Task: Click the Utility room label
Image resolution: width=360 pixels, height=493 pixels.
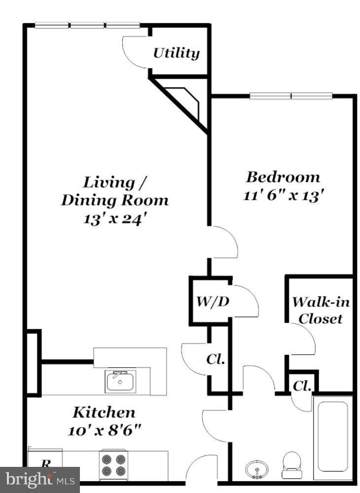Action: click(176, 53)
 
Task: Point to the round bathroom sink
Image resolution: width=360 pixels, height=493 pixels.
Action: click(256, 468)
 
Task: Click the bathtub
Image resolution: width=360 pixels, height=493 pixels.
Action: click(332, 437)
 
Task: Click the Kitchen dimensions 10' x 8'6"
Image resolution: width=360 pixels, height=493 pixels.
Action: click(105, 429)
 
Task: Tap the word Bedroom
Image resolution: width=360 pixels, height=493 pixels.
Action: click(283, 176)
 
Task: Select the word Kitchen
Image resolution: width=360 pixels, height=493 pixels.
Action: click(104, 412)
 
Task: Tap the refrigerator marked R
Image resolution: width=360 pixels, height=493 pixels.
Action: click(45, 463)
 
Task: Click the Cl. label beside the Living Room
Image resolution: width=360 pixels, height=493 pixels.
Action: click(216, 359)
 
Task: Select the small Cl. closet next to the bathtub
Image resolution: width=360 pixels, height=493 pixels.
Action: click(300, 387)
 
